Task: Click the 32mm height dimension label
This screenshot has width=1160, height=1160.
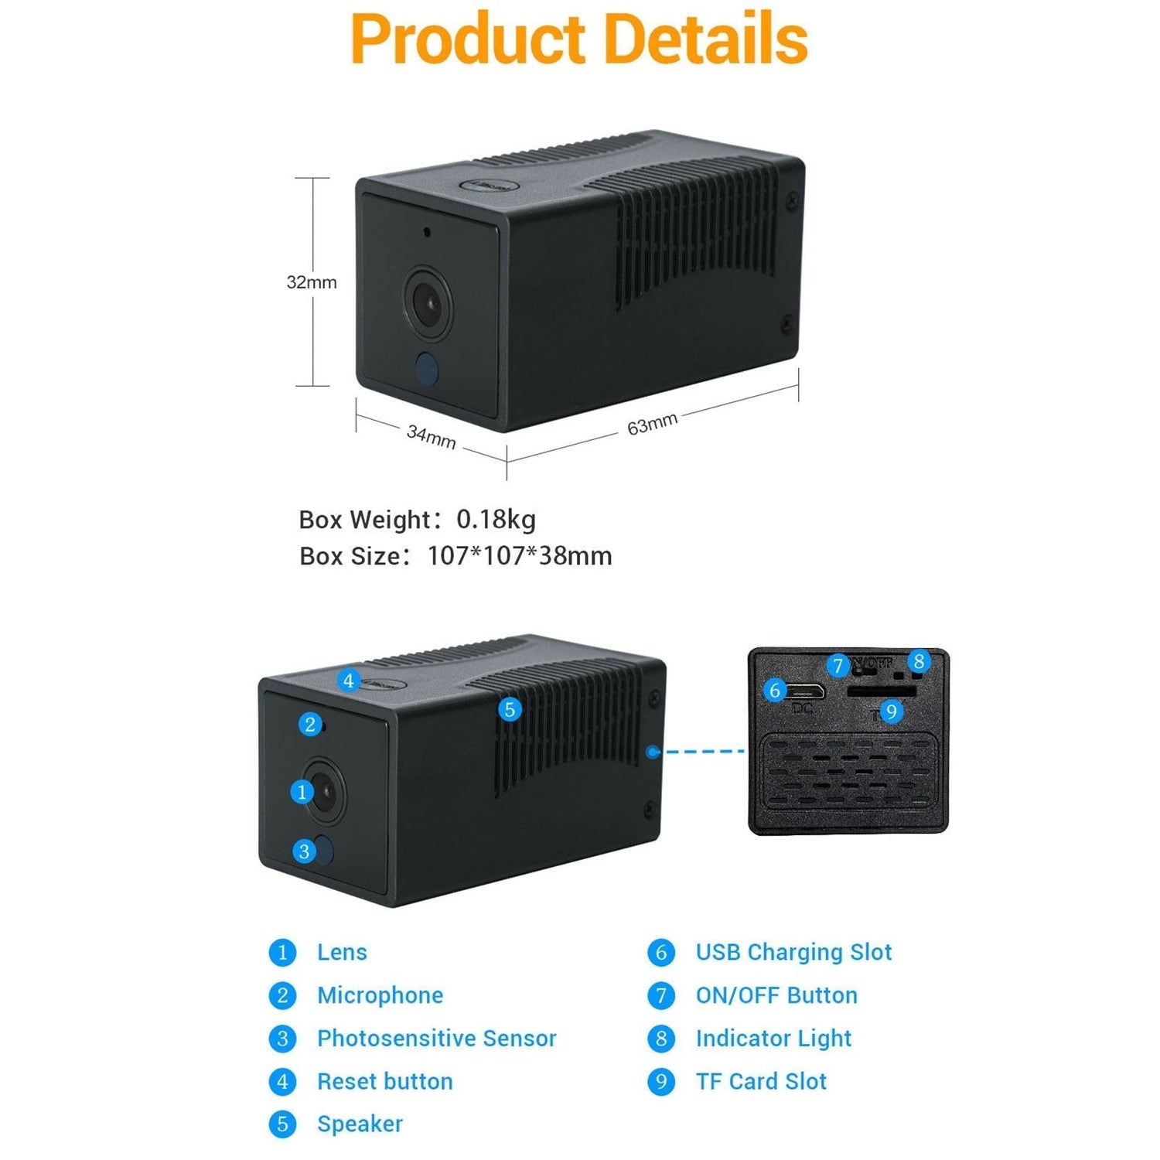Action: [312, 282]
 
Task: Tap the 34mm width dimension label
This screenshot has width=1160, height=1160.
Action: [431, 437]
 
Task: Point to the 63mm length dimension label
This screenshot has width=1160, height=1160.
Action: [652, 424]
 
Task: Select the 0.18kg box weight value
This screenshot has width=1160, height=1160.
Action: [496, 519]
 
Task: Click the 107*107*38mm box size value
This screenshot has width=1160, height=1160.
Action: [520, 556]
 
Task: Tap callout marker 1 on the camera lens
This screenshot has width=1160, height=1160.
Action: [302, 791]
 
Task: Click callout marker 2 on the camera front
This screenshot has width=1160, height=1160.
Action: [310, 724]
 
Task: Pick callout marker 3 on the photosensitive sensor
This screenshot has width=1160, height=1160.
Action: [304, 851]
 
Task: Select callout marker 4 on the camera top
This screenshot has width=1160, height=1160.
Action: [349, 681]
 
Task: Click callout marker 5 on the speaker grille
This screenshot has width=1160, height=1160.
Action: [509, 709]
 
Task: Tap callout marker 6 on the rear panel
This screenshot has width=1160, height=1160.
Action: [775, 690]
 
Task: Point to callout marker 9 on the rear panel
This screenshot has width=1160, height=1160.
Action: [891, 711]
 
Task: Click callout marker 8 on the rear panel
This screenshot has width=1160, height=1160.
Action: [919, 661]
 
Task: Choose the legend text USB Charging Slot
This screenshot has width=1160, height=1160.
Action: [793, 952]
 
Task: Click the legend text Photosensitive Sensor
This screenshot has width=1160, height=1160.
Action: [436, 1039]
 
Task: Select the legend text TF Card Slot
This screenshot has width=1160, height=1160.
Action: [761, 1081]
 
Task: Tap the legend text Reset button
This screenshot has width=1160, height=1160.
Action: [384, 1081]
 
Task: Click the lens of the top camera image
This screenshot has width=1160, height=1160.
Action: [428, 302]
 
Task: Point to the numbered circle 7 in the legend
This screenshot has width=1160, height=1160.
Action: [660, 995]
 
